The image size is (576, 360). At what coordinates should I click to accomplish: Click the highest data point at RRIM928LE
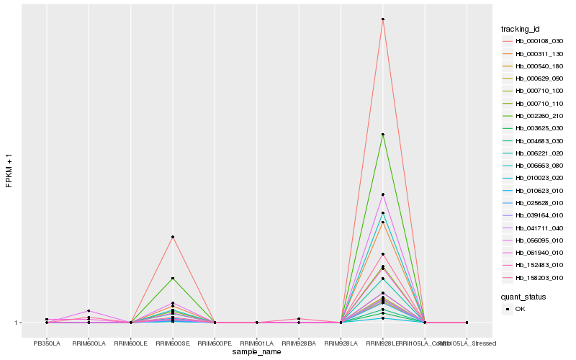(383, 19)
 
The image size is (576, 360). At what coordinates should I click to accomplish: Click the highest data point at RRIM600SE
(173, 237)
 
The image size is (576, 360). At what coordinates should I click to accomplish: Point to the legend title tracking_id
(521, 29)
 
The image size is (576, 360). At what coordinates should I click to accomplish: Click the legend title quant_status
(523, 296)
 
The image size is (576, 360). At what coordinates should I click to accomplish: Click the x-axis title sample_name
(256, 352)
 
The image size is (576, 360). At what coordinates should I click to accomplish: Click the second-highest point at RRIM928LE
(383, 135)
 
